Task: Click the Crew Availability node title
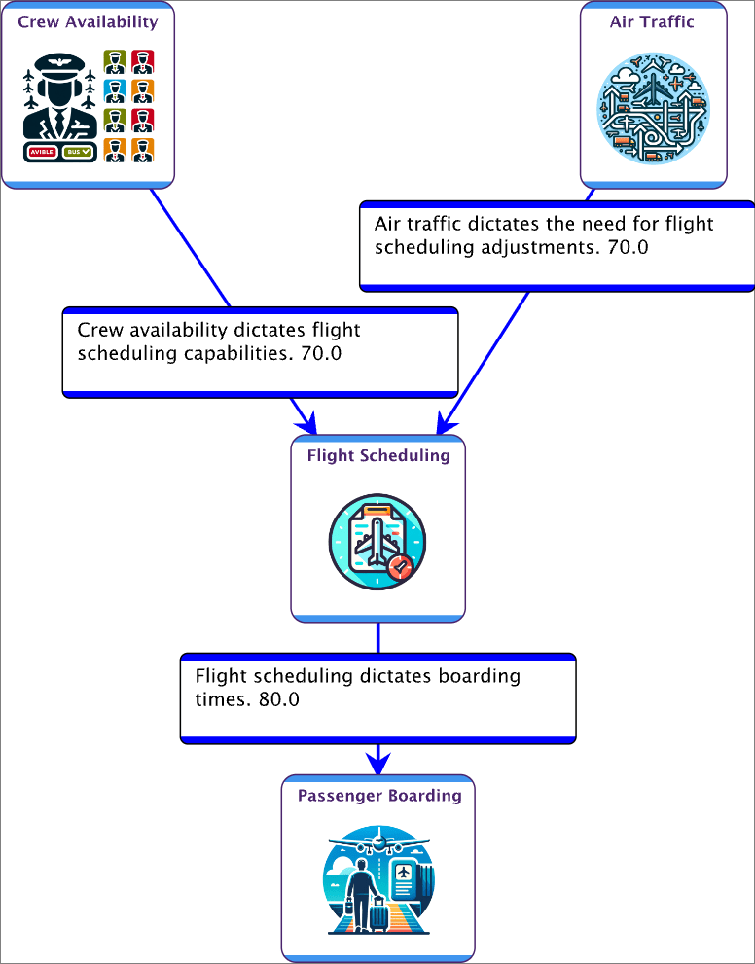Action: tap(88, 21)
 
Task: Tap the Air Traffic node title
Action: tap(652, 21)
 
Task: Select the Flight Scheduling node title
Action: tap(378, 455)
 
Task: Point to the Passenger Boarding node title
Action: tap(379, 796)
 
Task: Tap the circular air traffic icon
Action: tap(653, 108)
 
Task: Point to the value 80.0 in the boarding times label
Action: tap(278, 699)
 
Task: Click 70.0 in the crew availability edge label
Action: tap(321, 353)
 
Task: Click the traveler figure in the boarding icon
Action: tap(357, 890)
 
